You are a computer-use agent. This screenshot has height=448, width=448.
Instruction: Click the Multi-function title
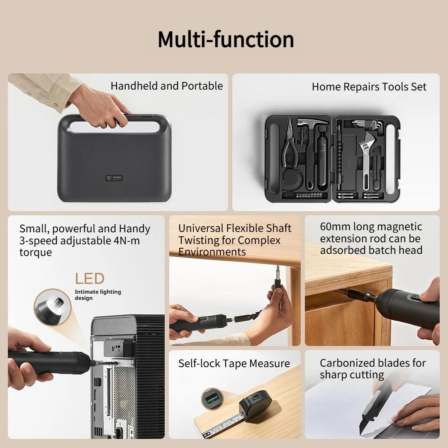coord(226,40)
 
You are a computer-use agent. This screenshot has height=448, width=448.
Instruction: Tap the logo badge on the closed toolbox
coord(114,178)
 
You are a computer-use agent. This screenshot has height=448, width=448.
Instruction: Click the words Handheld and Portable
coord(167,86)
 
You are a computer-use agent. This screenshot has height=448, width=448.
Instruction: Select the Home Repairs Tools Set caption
coord(369,87)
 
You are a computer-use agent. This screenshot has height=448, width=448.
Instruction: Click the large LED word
coord(90,279)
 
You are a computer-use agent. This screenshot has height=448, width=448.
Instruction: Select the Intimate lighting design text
coord(98,295)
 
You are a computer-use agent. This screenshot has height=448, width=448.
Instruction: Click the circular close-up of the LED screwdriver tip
coord(53,307)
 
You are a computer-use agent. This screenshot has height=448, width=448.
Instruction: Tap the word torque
coord(35,253)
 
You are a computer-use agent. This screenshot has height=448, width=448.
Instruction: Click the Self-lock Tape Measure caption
coord(234,363)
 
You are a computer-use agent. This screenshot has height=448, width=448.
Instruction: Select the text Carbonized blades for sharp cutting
coord(373,369)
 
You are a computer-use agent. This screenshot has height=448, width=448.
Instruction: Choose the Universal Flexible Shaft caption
coord(234,228)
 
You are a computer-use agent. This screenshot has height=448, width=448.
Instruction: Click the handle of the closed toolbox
coord(114,119)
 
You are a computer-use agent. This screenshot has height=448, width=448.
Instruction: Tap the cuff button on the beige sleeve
coord(29,93)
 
